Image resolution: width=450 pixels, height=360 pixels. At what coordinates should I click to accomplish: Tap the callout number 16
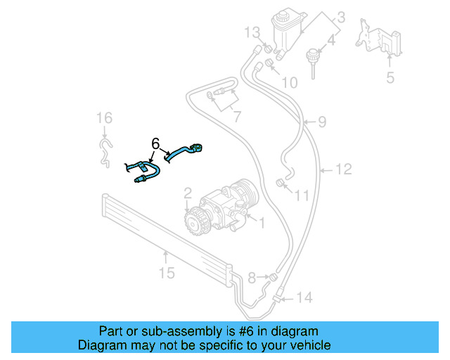(x=104, y=117)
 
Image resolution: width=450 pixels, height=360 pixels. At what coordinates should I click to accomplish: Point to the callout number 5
(x=390, y=77)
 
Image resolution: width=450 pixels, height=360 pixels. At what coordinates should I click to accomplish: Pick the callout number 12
(x=342, y=169)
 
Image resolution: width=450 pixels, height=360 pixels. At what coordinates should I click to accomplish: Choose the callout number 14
(x=303, y=297)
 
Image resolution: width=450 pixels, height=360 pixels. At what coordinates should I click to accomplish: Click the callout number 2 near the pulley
(x=188, y=192)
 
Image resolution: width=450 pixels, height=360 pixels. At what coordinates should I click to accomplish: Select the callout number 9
(x=321, y=122)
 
